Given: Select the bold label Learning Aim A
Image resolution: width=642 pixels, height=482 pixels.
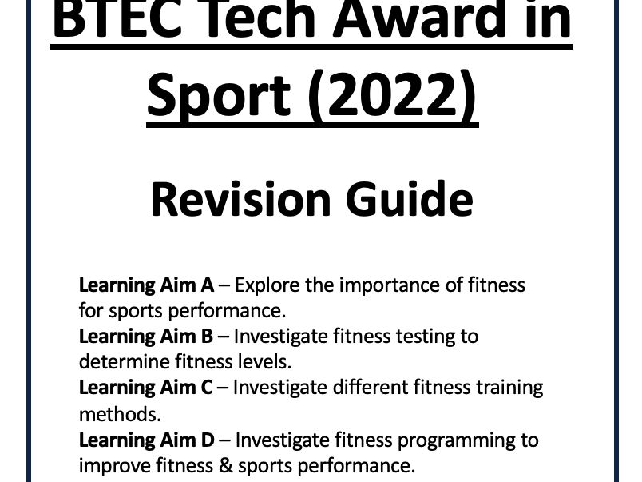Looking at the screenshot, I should [145, 285].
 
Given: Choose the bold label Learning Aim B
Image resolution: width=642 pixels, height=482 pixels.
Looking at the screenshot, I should [145, 336].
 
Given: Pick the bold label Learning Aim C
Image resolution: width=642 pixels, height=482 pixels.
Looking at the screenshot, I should [146, 388].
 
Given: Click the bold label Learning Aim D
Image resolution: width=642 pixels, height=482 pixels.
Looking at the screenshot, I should [147, 440].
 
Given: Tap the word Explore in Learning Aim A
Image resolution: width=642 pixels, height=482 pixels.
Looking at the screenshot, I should [265, 285].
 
